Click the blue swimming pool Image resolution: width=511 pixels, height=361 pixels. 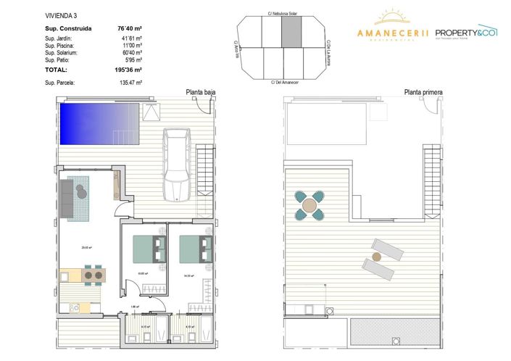(99, 123)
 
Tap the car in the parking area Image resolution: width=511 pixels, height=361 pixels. (176, 164)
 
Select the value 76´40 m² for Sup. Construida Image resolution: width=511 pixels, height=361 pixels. (129, 29)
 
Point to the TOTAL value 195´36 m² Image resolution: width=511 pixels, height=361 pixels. (128, 70)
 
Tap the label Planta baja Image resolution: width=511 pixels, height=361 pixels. (201, 93)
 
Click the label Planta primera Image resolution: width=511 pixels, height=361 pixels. (423, 93)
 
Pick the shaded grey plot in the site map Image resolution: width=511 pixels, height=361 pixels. (290, 32)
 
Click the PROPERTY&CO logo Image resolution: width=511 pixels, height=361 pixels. (465, 33)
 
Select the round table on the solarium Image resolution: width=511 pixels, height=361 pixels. (310, 205)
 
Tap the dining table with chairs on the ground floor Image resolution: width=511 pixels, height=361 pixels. (91, 275)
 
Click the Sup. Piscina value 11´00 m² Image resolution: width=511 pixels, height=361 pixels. (130, 45)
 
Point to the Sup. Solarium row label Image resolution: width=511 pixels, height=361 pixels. (61, 53)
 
